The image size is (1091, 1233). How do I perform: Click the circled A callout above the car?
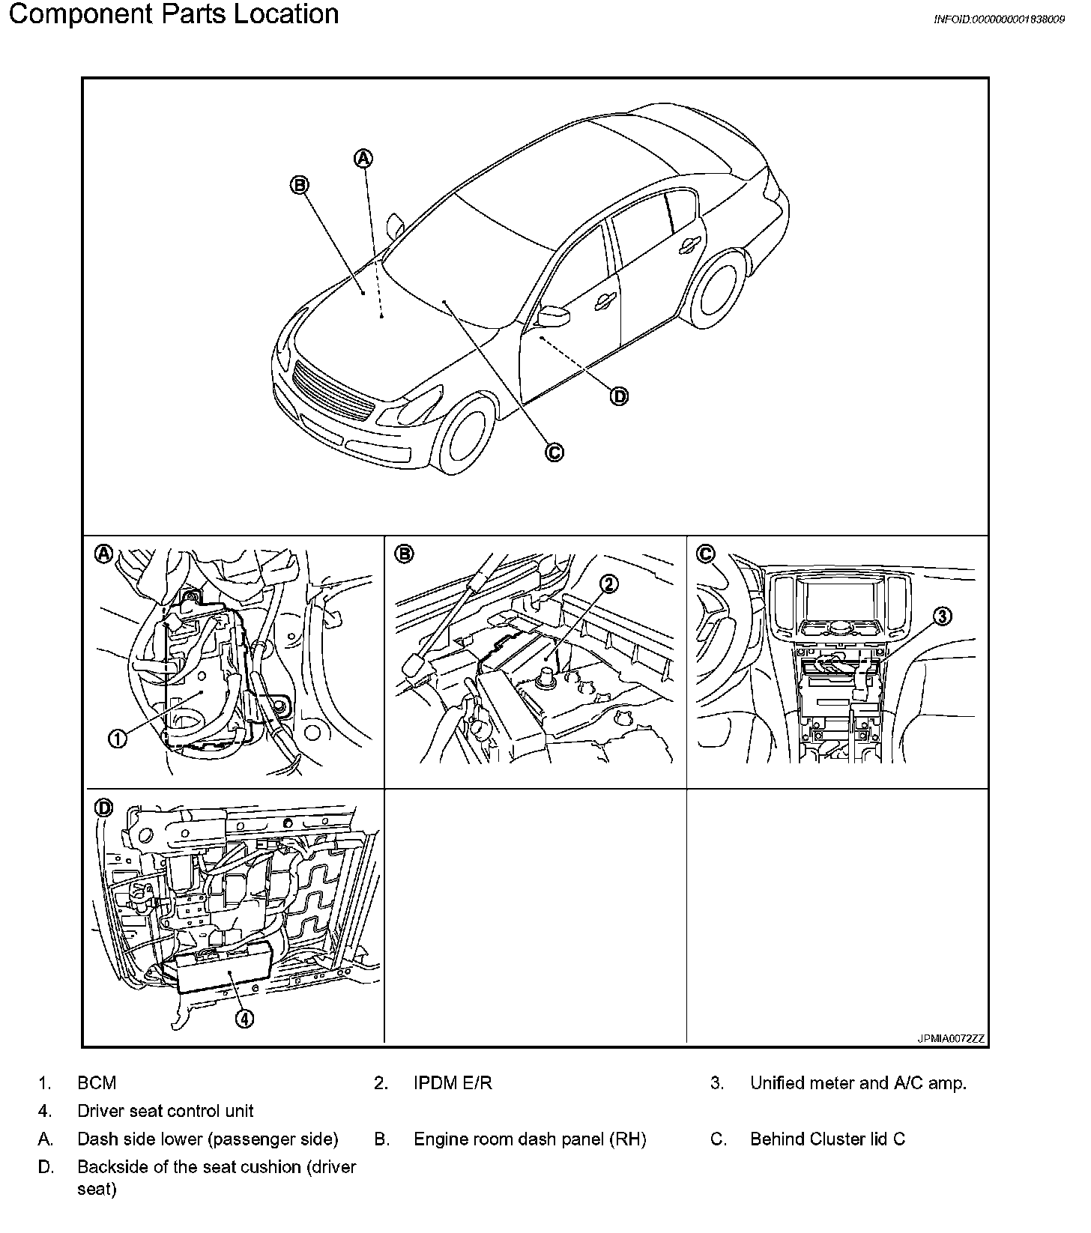click(x=363, y=158)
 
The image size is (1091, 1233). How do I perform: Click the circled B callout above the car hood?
click(x=299, y=185)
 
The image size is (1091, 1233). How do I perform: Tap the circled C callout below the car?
click(x=554, y=452)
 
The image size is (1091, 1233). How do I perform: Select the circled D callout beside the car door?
click(x=619, y=396)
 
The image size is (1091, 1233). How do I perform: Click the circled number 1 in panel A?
click(x=118, y=738)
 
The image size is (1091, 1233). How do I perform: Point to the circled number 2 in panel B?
click(x=609, y=584)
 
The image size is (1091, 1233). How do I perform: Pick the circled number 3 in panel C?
click(x=942, y=616)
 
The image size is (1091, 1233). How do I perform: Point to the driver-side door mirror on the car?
click(x=555, y=316)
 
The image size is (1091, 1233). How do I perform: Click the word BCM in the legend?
click(x=97, y=1082)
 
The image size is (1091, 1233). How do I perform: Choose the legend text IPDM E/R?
click(x=453, y=1082)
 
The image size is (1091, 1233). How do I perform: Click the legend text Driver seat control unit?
click(x=165, y=1111)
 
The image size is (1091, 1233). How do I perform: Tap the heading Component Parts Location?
click(x=174, y=14)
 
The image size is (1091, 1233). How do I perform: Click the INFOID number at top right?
click(x=999, y=19)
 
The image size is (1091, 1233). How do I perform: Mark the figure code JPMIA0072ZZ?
click(x=951, y=1039)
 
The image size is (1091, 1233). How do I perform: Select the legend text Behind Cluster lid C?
click(x=827, y=1139)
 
